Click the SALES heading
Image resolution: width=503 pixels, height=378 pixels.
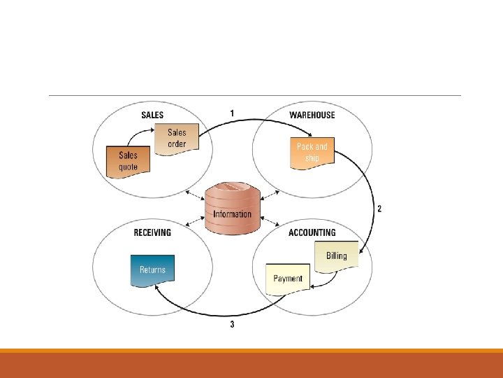tap(152, 115)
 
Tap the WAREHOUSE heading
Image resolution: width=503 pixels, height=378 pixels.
tap(312, 115)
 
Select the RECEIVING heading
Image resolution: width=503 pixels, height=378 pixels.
tap(152, 232)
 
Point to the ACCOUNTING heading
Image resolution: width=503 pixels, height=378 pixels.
tap(312, 232)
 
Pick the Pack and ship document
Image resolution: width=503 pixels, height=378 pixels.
tap(312, 152)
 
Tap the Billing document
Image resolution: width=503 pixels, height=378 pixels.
tap(336, 255)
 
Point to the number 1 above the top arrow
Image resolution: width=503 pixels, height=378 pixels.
tap(232, 113)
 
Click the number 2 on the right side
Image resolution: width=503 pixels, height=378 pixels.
tap(379, 209)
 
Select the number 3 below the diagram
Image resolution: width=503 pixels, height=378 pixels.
tap(232, 324)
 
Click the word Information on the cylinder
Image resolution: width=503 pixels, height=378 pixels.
tap(232, 213)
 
